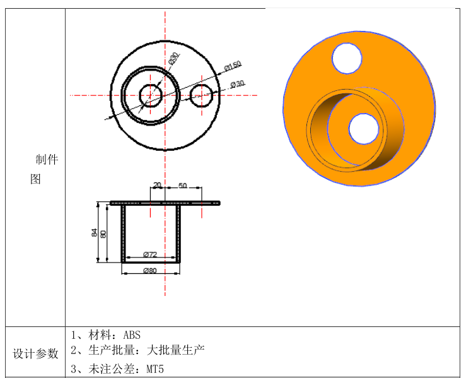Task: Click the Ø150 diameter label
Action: [x=233, y=66]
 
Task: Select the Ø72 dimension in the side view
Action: [x=149, y=254]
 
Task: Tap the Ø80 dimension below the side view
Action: [x=149, y=271]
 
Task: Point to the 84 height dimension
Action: [x=95, y=232]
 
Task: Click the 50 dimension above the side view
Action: [x=183, y=186]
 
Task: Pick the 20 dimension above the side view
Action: [x=157, y=186]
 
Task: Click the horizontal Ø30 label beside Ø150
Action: [x=237, y=84]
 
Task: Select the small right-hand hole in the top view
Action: [x=201, y=95]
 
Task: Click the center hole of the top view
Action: [x=151, y=95]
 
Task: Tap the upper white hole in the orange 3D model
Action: [x=347, y=58]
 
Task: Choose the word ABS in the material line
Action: [x=132, y=334]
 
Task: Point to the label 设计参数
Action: [x=35, y=353]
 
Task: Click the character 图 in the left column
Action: [x=35, y=179]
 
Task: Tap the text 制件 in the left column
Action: [x=47, y=160]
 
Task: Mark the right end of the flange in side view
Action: [x=219, y=203]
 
